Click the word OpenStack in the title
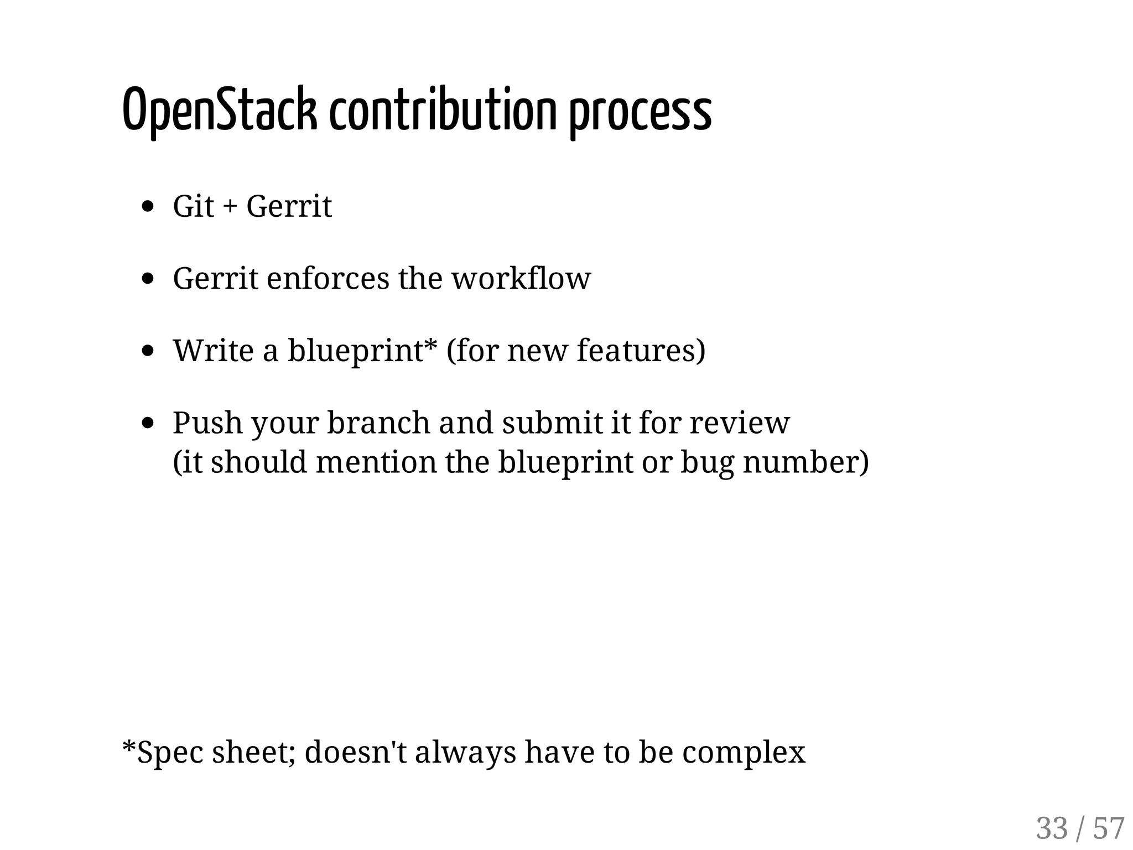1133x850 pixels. point(220,111)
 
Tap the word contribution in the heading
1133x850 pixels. point(443,111)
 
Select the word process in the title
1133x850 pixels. point(640,113)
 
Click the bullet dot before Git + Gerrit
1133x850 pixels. point(147,207)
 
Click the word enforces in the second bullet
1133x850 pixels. point(328,278)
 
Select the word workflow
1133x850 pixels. point(521,278)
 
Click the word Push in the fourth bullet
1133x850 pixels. point(207,423)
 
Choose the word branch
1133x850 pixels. point(378,423)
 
